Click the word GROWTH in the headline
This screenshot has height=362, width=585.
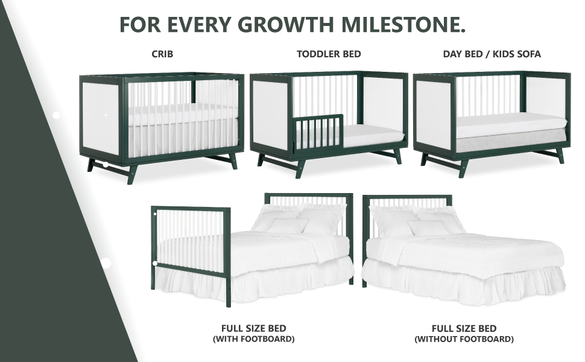[286, 24]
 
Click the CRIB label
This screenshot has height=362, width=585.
[162, 54]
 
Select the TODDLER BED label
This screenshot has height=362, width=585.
[329, 54]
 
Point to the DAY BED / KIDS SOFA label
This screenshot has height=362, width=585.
[492, 54]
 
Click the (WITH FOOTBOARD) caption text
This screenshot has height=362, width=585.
[254, 339]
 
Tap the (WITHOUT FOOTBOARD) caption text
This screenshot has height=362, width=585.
[464, 339]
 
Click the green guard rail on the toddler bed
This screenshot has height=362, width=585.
[318, 133]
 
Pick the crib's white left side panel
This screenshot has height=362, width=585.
[100, 119]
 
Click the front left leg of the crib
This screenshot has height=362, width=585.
[132, 174]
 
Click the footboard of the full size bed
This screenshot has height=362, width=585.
[191, 254]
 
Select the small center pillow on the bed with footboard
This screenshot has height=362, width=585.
[289, 226]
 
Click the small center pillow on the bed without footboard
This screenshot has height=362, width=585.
[429, 227]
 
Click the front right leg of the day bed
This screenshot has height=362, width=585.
[560, 156]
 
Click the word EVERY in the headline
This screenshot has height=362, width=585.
[199, 24]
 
